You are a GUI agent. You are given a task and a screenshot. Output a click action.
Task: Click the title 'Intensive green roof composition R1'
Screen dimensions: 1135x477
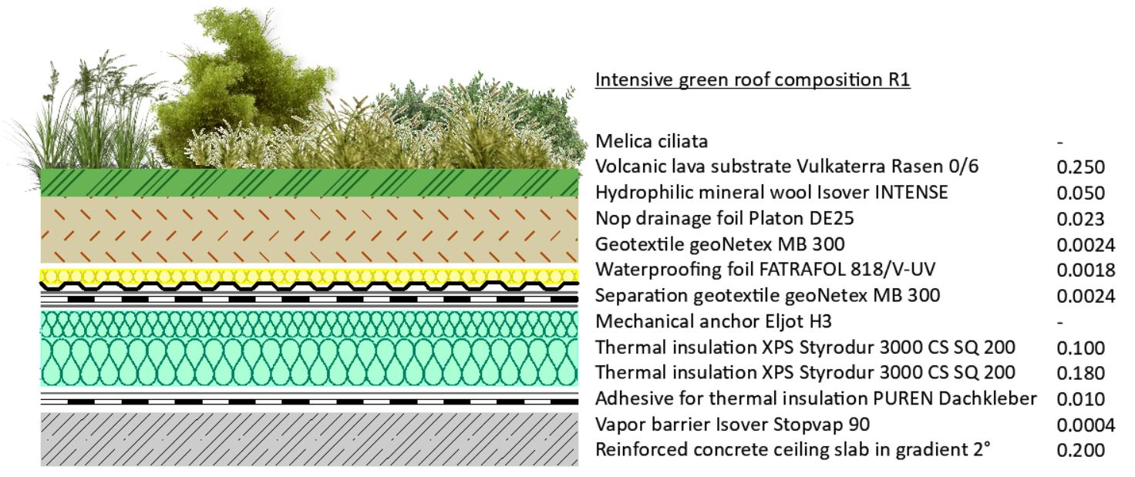(x=753, y=80)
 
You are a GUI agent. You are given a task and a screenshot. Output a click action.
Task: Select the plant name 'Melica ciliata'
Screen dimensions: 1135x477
(x=651, y=141)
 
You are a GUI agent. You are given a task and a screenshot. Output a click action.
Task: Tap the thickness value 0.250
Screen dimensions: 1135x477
(x=1080, y=167)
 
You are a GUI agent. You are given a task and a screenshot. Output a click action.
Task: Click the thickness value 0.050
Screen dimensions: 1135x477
(x=1080, y=193)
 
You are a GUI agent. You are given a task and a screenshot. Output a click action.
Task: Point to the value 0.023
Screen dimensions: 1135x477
(x=1080, y=219)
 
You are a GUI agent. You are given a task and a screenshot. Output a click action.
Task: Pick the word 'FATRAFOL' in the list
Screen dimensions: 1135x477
(x=797, y=270)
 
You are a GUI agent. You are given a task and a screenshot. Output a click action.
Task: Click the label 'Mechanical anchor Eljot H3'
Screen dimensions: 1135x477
(x=713, y=321)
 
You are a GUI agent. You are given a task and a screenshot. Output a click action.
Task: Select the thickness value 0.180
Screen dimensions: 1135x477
(x=1080, y=373)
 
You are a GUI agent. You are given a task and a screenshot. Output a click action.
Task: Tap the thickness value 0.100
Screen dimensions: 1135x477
(x=1080, y=348)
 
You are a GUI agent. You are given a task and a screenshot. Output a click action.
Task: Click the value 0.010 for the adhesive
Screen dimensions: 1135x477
(x=1080, y=399)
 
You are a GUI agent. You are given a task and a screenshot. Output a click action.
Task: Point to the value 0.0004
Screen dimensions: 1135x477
(x=1086, y=425)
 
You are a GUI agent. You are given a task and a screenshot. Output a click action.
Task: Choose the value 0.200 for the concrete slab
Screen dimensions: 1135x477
(x=1080, y=450)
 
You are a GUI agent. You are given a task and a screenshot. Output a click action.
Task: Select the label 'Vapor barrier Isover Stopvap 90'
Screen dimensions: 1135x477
(x=733, y=425)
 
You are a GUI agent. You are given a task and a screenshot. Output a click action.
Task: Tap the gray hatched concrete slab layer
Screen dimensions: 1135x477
(x=309, y=439)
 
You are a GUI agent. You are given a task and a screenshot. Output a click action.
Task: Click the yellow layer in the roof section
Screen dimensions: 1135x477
(x=309, y=276)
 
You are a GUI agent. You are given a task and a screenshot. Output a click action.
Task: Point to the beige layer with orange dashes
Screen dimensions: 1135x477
(x=309, y=230)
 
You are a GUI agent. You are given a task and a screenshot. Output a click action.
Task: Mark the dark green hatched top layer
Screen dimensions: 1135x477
(x=309, y=183)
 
